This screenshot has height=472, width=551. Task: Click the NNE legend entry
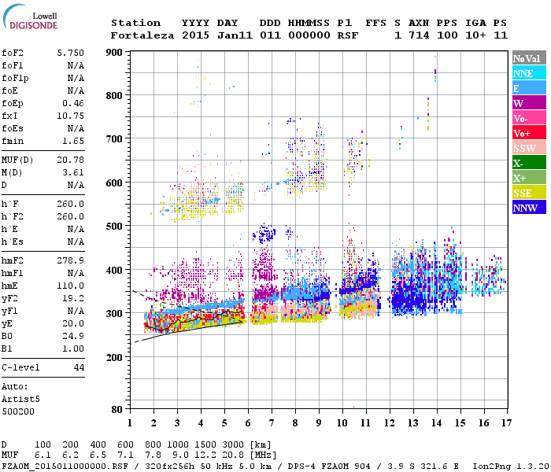coord(528,73)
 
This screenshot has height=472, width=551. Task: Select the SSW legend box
coord(528,148)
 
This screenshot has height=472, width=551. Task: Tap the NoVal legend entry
coord(528,58)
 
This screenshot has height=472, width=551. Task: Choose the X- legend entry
coord(528,163)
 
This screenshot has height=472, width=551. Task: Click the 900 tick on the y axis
coord(115,53)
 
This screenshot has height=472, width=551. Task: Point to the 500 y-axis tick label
coord(115,227)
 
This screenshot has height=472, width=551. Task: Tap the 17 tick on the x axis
coord(504,422)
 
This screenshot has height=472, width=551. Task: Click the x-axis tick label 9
coord(318,422)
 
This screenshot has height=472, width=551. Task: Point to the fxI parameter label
coord(10,116)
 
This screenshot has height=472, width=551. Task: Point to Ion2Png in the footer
coord(490,465)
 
